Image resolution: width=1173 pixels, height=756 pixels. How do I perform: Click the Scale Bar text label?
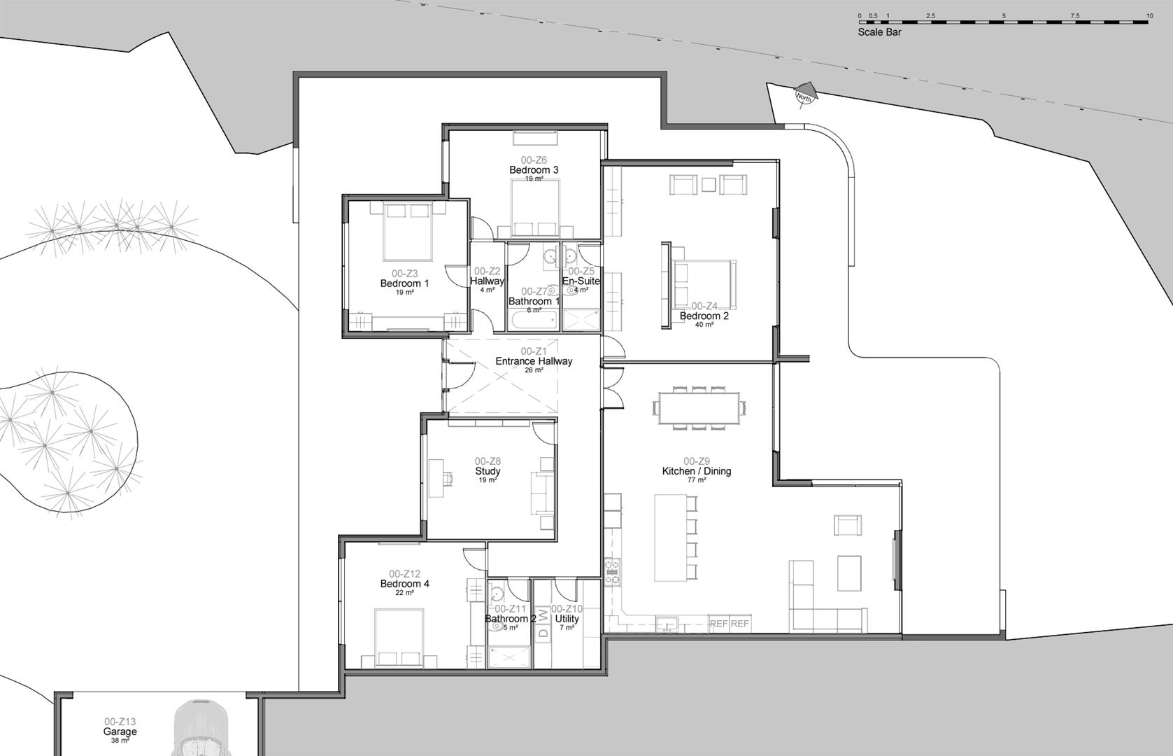click(879, 32)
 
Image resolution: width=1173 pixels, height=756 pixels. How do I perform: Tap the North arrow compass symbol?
click(803, 97)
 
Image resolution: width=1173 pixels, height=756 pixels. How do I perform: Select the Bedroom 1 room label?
click(404, 283)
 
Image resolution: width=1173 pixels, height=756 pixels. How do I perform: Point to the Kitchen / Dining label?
click(696, 471)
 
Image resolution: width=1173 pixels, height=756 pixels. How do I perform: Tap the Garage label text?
click(120, 731)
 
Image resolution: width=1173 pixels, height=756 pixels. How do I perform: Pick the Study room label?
click(488, 471)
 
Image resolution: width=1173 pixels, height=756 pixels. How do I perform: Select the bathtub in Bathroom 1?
click(533, 322)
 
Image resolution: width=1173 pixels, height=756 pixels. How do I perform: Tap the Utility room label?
click(567, 619)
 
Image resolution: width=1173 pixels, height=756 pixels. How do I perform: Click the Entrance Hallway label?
click(534, 361)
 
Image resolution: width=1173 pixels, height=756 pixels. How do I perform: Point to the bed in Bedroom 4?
click(399, 637)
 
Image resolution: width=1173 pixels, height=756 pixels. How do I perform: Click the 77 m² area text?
click(696, 480)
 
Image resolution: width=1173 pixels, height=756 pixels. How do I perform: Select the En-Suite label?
click(581, 281)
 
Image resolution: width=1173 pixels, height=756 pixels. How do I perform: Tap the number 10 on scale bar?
click(1149, 15)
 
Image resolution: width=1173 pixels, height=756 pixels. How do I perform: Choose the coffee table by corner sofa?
click(849, 573)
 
